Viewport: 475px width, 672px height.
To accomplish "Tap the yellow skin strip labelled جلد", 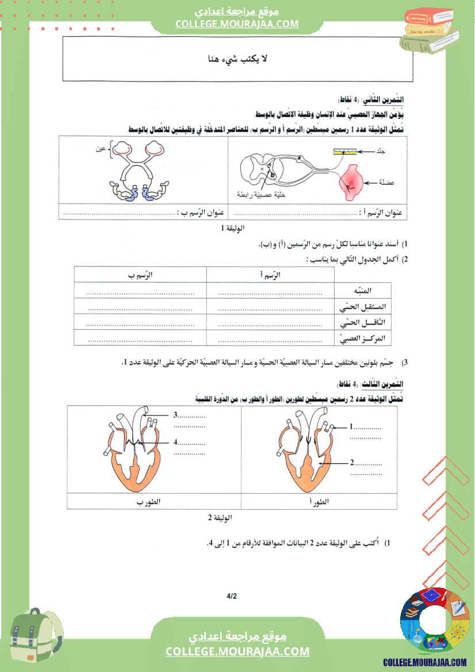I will click(x=344, y=151).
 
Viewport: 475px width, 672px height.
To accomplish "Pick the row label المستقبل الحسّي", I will click(x=364, y=307).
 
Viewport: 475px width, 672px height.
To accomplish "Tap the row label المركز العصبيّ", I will click(x=363, y=338).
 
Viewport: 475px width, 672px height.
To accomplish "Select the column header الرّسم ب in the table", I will click(x=141, y=275).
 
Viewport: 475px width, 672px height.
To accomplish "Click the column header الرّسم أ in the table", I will click(x=270, y=275).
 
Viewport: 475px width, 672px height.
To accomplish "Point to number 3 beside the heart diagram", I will click(x=175, y=414).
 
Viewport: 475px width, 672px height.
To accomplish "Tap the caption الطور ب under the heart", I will click(x=148, y=502).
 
